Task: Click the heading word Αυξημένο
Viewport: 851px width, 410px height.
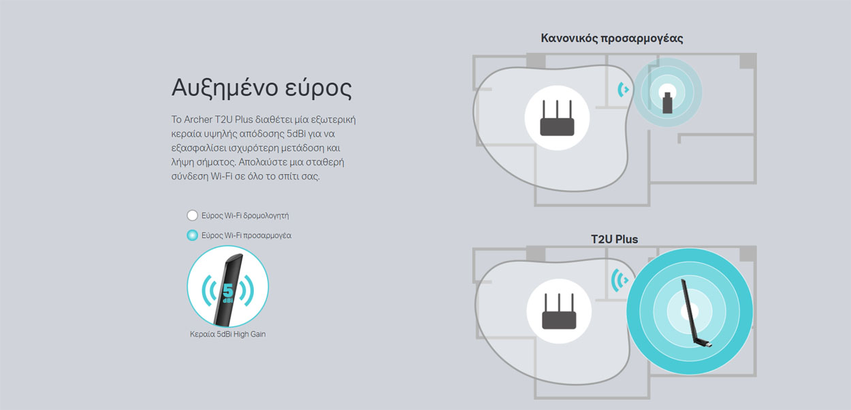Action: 225,88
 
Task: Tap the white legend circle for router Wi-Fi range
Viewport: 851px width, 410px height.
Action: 192,216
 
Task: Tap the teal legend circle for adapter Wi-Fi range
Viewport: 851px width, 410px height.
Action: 192,235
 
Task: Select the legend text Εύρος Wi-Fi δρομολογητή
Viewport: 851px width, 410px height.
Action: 245,216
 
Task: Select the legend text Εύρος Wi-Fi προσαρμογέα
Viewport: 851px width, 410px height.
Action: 246,235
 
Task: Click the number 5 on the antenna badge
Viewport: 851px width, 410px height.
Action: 227,290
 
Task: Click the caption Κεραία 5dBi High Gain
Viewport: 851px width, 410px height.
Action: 227,334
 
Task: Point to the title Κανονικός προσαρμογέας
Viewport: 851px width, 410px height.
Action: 611,38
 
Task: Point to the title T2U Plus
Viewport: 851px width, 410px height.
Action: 614,239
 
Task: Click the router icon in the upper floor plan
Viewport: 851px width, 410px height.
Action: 557,118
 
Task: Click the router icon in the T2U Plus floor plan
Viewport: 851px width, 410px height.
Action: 559,311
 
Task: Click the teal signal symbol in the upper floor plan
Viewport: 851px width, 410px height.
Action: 623,90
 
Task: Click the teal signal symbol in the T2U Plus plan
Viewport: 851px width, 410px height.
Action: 620,280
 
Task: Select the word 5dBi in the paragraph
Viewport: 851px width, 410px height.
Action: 296,134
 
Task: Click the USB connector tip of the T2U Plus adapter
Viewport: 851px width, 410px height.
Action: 709,345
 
